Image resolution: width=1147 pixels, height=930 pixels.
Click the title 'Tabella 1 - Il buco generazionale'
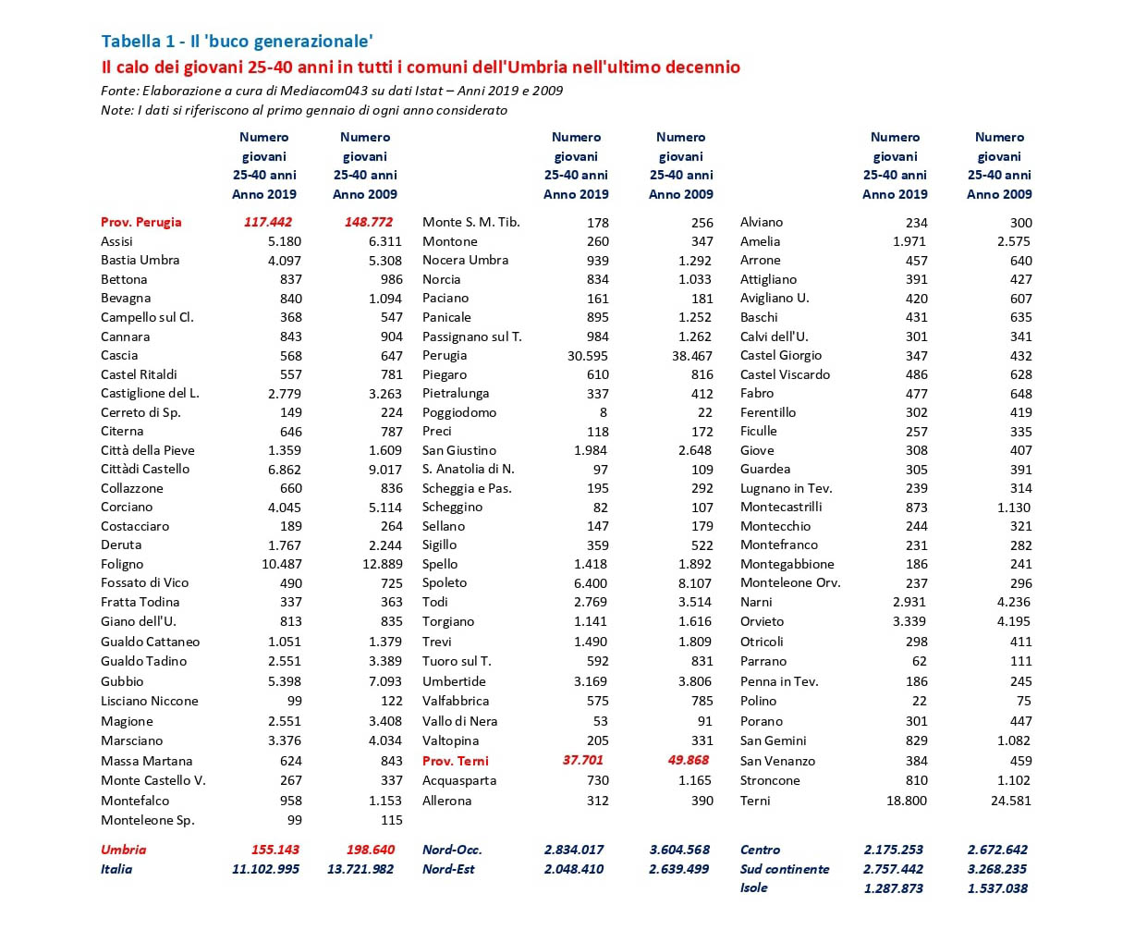tap(237, 41)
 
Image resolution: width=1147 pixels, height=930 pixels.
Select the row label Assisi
tap(117, 241)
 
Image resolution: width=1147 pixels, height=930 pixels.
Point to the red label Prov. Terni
tap(456, 761)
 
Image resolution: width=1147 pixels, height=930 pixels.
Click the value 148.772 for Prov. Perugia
tap(368, 222)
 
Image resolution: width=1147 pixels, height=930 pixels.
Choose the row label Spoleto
tap(445, 582)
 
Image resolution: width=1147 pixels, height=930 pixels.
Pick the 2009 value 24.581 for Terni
tap(1010, 801)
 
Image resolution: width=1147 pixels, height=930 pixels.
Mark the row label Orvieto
tap(762, 621)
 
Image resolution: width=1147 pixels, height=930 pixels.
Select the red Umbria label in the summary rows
tap(124, 850)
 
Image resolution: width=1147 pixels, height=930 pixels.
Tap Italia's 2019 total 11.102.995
tap(265, 869)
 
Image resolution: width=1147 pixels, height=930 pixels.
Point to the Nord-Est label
tap(448, 869)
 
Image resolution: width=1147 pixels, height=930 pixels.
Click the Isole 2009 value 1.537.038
tap(997, 887)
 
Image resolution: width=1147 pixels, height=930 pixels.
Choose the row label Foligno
tap(122, 564)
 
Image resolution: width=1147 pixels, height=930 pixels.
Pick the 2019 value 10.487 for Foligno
tap(282, 564)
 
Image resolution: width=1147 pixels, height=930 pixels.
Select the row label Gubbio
tap(122, 681)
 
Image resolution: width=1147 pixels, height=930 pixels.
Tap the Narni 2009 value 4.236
tap(1014, 602)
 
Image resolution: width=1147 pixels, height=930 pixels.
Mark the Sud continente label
tap(785, 869)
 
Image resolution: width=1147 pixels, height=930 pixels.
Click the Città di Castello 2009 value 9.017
tap(384, 469)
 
